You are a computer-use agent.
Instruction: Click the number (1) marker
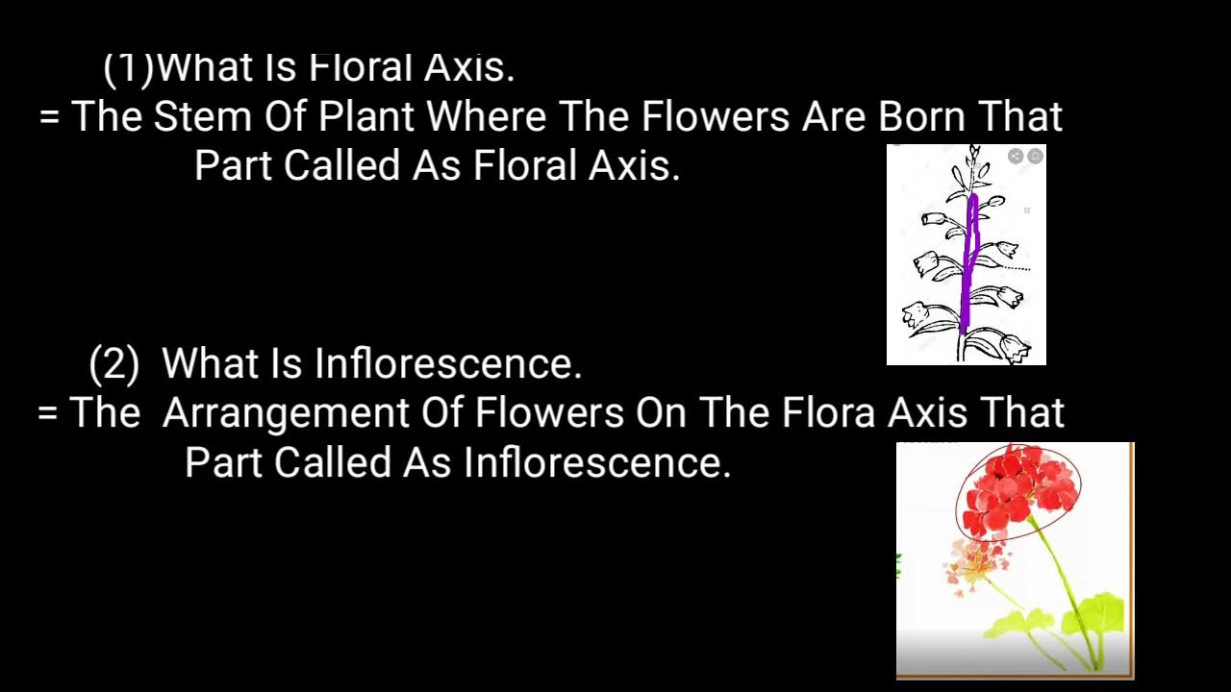(x=128, y=67)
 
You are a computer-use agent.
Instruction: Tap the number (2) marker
(x=113, y=364)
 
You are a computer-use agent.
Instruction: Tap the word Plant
(x=366, y=117)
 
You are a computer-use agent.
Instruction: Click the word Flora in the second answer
(x=828, y=413)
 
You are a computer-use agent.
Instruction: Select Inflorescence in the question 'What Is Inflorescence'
(x=448, y=364)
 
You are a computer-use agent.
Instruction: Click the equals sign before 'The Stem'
(x=50, y=117)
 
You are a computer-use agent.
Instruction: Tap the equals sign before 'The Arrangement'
(x=48, y=413)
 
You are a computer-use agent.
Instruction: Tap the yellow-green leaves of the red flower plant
(x=1096, y=615)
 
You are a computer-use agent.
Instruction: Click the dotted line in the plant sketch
(x=1018, y=269)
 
